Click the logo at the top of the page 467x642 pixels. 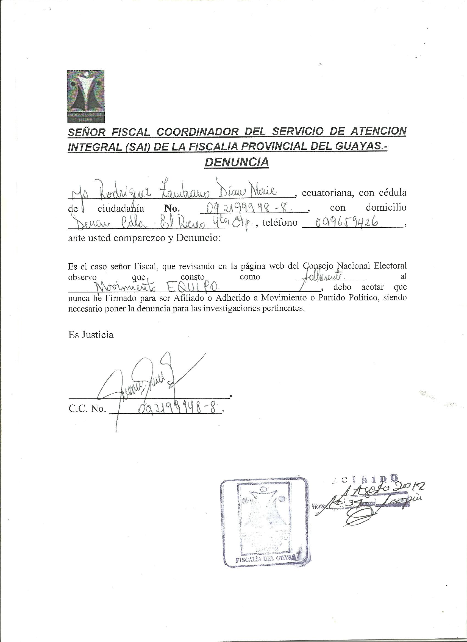point(85,97)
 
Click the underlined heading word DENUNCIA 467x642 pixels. point(237,162)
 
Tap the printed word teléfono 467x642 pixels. point(280,223)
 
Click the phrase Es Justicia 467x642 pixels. point(91,335)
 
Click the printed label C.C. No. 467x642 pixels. point(87,409)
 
